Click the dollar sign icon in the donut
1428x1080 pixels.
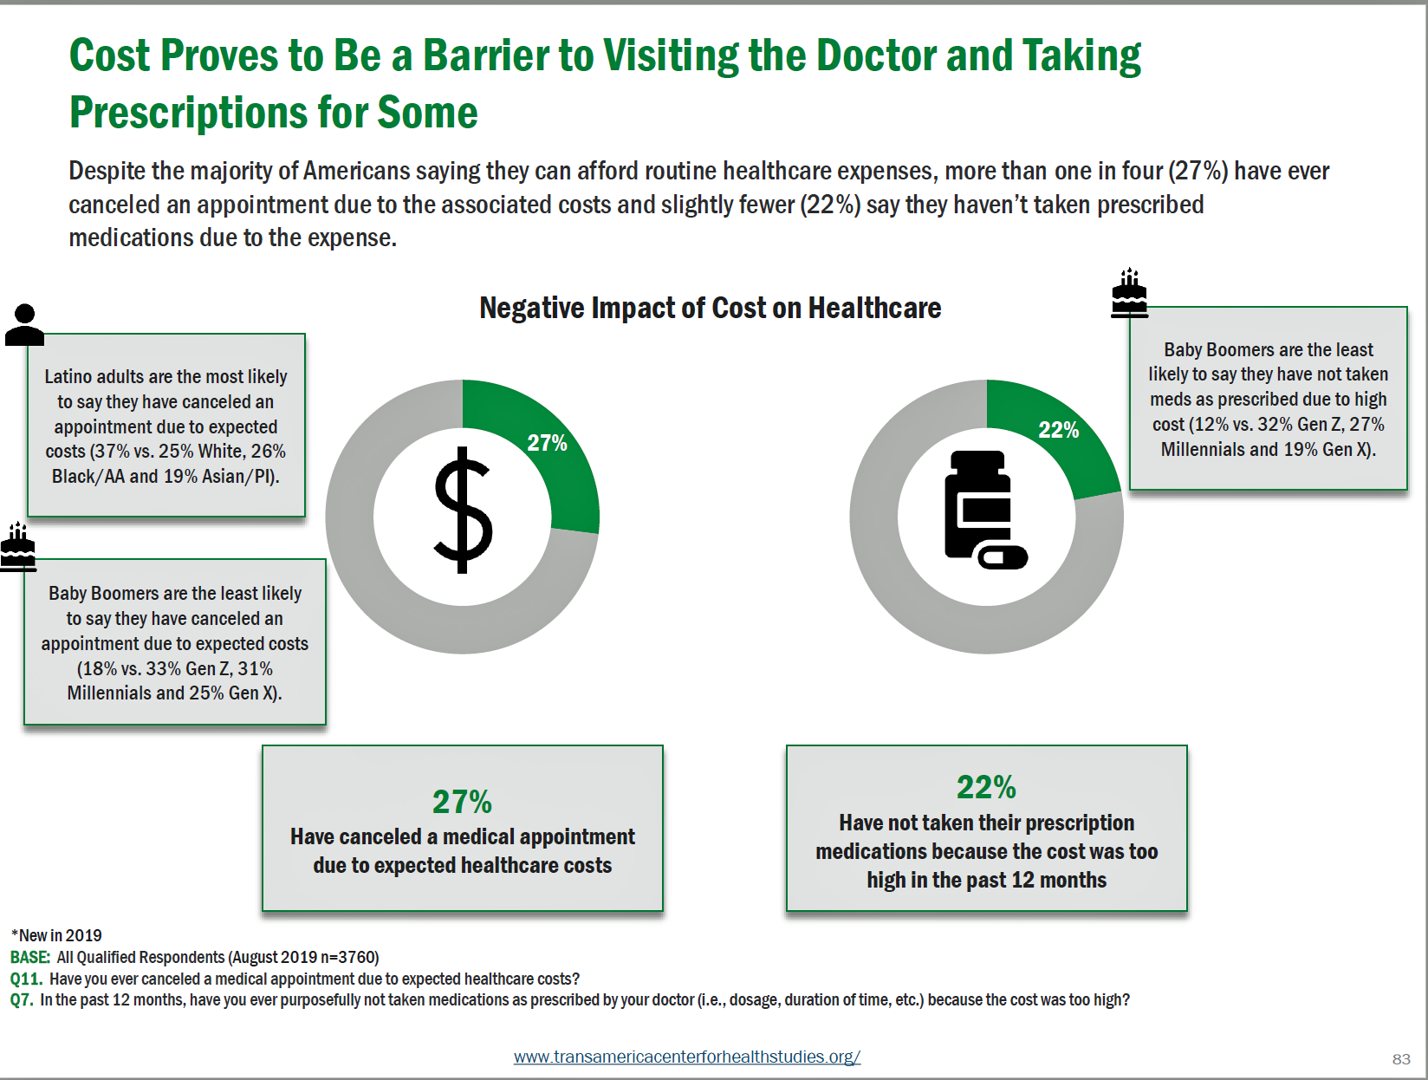[463, 511]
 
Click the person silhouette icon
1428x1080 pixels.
[24, 325]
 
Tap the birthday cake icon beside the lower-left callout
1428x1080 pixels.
[18, 548]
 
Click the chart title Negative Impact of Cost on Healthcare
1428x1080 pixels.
[710, 308]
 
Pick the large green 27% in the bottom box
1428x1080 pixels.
[462, 802]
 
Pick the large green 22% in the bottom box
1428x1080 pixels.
[986, 787]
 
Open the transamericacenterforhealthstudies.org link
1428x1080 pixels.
[686, 1057]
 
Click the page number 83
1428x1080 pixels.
[1401, 1058]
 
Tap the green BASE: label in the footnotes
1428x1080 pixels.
[30, 957]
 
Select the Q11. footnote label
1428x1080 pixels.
[26, 979]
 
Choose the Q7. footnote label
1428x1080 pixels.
[22, 999]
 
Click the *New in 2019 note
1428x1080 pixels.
[56, 935]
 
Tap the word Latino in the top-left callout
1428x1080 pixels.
[68, 376]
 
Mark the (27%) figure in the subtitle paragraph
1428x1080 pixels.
[1198, 171]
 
